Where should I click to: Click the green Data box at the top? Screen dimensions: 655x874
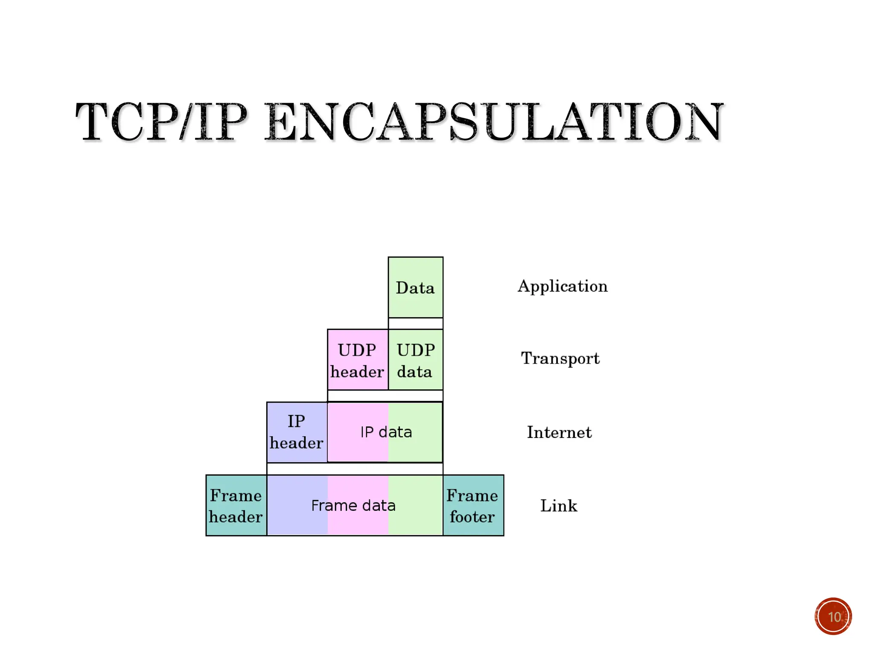coord(415,287)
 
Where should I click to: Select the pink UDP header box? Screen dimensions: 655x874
coord(358,360)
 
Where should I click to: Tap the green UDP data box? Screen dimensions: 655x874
coord(415,360)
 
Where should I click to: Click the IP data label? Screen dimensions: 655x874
coord(386,432)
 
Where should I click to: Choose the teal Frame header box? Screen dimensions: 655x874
coord(236,506)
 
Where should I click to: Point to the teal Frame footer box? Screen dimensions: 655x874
coord(473,506)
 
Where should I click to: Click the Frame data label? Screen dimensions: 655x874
coord(353,506)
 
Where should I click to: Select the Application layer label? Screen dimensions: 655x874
coord(562,287)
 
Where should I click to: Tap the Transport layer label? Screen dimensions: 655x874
coord(560,359)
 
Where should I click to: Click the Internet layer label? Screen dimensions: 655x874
coord(559,432)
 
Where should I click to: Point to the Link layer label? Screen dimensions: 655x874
coord(559,506)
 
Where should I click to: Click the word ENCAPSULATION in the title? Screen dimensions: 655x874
coord(494,122)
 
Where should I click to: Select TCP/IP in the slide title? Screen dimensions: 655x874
coord(161,122)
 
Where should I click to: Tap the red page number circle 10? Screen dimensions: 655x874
coord(833,617)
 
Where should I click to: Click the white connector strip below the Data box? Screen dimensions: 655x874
coord(415,324)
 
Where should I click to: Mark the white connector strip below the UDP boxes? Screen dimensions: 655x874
coord(385,396)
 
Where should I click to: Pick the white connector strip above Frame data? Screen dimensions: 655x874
coord(355,469)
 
